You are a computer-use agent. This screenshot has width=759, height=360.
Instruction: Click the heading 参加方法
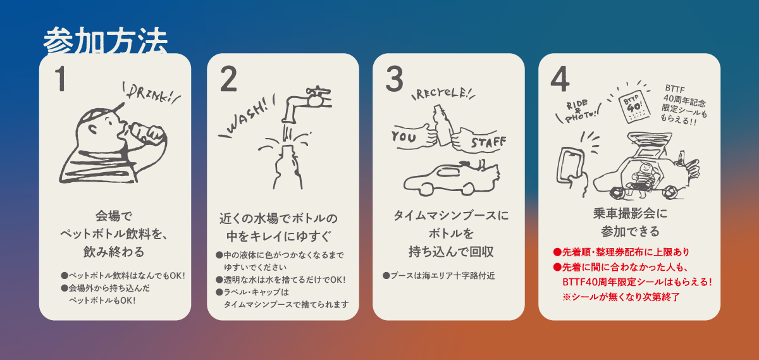(x=106, y=41)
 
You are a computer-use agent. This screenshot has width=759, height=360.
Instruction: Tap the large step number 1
(x=61, y=78)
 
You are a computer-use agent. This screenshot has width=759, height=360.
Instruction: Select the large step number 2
(x=228, y=78)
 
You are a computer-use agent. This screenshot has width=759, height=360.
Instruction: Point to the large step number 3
(x=395, y=78)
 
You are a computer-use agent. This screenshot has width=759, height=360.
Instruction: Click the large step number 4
(x=560, y=78)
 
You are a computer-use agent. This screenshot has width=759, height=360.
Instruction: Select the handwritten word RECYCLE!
(x=441, y=93)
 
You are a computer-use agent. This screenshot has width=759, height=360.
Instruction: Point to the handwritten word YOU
(x=404, y=137)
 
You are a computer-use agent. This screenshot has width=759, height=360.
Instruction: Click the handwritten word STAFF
(x=488, y=142)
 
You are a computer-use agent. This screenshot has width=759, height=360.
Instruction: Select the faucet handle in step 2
(x=318, y=91)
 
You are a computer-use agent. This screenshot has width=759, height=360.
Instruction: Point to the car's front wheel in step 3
(x=424, y=189)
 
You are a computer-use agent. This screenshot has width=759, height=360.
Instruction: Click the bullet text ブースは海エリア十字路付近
(x=439, y=276)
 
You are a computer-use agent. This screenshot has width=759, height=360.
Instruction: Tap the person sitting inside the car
(x=642, y=178)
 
